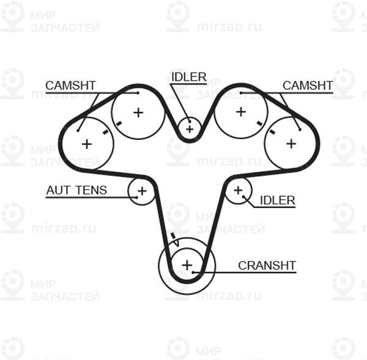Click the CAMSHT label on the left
(x=71, y=86)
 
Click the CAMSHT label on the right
(x=308, y=86)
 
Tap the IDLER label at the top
(x=189, y=77)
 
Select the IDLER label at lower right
(x=278, y=200)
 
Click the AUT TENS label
(x=76, y=190)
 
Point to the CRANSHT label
(x=267, y=265)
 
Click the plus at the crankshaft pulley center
(x=187, y=265)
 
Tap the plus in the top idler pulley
(x=190, y=129)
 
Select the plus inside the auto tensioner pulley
(x=142, y=191)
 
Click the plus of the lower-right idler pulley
(x=239, y=190)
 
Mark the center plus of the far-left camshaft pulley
(x=87, y=144)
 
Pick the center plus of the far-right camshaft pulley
(x=291, y=144)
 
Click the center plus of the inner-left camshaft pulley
(x=138, y=112)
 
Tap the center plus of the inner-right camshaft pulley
(x=241, y=112)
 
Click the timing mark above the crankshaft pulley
(x=173, y=236)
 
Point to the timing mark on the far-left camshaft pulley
(x=106, y=132)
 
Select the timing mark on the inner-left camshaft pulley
(x=119, y=123)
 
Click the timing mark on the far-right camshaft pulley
(x=272, y=131)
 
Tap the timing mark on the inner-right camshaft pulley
(x=259, y=123)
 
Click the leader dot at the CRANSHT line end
(x=193, y=272)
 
